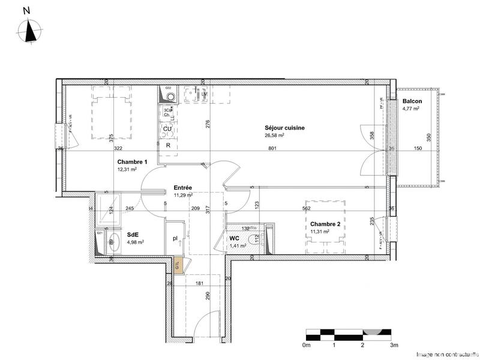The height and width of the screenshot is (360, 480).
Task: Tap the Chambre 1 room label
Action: click(x=132, y=162)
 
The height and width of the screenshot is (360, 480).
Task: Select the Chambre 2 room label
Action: click(x=325, y=224)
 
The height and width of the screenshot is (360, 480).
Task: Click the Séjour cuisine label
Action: click(x=285, y=128)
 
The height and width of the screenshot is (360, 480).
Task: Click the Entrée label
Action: click(x=183, y=187)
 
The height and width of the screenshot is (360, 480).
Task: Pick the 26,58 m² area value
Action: click(x=274, y=136)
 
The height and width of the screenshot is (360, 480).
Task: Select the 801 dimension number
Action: click(x=272, y=148)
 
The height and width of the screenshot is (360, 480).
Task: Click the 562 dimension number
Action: click(x=306, y=209)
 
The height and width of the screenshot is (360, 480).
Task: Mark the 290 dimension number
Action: click(x=207, y=296)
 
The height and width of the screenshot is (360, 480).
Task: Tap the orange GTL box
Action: click(x=177, y=262)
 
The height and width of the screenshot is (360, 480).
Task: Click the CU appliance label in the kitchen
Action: click(x=168, y=129)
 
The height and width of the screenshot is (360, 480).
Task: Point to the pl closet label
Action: click(x=175, y=238)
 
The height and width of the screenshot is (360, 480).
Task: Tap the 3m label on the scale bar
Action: click(x=394, y=346)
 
